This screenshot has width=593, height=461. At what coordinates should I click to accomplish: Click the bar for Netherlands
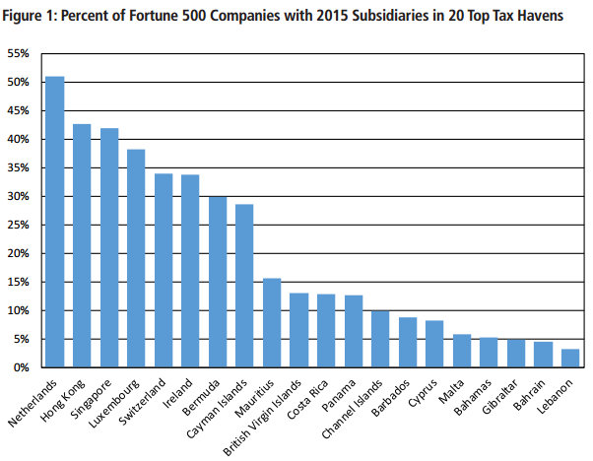(x=55, y=222)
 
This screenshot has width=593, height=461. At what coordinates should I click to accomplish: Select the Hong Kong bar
(x=82, y=245)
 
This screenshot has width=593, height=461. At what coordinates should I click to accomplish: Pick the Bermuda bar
(x=218, y=282)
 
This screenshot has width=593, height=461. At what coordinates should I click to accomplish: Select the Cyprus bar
(x=434, y=344)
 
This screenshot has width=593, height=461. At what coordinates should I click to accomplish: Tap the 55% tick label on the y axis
(x=22, y=52)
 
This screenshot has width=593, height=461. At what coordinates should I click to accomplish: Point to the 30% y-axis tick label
(x=22, y=196)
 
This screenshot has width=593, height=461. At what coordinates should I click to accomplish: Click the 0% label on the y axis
(x=25, y=367)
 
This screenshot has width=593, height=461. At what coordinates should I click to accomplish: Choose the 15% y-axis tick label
(x=22, y=282)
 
